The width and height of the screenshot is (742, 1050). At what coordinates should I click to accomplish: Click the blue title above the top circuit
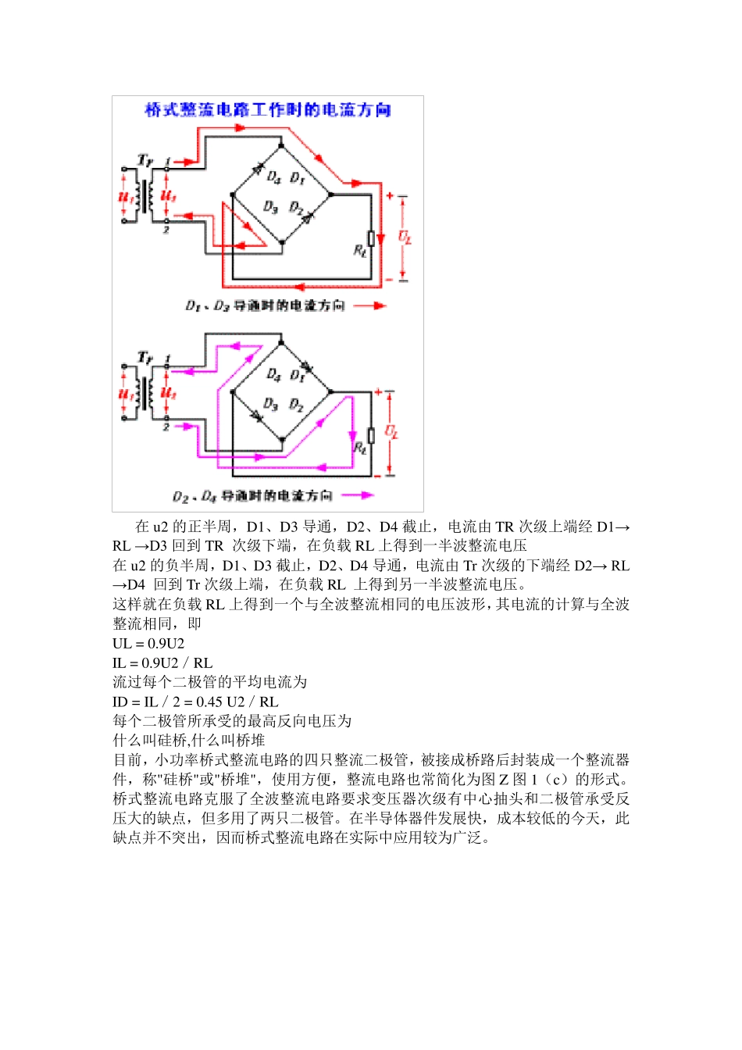[x=268, y=110]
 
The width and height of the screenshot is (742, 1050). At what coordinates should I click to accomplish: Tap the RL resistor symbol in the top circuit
[x=372, y=237]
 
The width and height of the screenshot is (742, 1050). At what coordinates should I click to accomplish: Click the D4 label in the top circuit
[x=273, y=177]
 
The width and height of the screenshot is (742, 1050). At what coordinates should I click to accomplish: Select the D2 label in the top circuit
[x=296, y=207]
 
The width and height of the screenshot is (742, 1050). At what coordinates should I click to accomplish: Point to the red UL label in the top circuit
[x=405, y=236]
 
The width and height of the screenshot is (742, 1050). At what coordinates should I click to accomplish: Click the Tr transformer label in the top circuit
[x=145, y=160]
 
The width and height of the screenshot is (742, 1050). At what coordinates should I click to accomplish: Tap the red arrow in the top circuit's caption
[x=369, y=305]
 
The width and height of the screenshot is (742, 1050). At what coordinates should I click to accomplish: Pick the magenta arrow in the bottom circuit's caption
[x=357, y=495]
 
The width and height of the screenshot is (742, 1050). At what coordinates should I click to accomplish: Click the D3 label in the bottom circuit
[x=270, y=404]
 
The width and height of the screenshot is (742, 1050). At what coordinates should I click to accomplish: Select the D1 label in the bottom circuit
[x=297, y=375]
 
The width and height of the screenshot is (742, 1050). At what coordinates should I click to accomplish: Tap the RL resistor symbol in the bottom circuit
[x=372, y=434]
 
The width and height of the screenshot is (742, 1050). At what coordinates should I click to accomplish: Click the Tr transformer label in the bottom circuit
[x=145, y=358]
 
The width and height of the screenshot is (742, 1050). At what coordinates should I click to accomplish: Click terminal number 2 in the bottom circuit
[x=166, y=427]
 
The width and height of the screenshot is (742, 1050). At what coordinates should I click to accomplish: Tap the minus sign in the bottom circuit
[x=378, y=474]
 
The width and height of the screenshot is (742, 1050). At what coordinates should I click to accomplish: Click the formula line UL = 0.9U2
[x=148, y=643]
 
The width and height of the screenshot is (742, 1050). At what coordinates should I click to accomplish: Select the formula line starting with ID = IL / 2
[x=195, y=702]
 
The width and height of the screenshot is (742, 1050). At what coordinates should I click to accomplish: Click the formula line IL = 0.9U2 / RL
[x=162, y=662]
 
